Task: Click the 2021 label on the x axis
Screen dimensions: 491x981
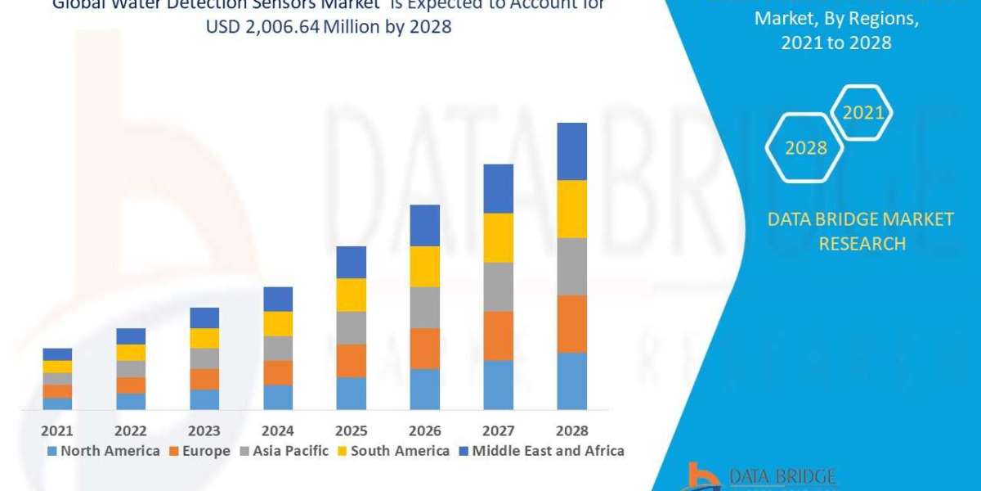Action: pyautogui.click(x=57, y=430)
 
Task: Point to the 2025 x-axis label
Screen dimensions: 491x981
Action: pyautogui.click(x=352, y=430)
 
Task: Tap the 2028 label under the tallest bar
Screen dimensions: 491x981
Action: pyautogui.click(x=572, y=430)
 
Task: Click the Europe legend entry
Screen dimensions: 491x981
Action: pyautogui.click(x=199, y=451)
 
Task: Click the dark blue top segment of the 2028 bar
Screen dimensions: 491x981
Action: pyautogui.click(x=572, y=151)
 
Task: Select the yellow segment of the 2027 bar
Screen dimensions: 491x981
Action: pyautogui.click(x=499, y=237)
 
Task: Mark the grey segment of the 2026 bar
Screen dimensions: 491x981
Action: pyautogui.click(x=425, y=307)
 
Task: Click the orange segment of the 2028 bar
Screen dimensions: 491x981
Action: pyautogui.click(x=572, y=323)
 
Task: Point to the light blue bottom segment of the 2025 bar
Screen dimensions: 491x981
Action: pyautogui.click(x=352, y=393)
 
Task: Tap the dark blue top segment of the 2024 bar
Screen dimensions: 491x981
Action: pyautogui.click(x=278, y=299)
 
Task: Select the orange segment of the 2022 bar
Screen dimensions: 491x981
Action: pyautogui.click(x=131, y=385)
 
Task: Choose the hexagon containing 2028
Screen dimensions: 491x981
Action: pyautogui.click(x=805, y=148)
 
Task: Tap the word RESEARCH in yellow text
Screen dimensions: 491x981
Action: pyautogui.click(x=862, y=244)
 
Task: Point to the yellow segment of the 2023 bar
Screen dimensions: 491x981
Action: pyautogui.click(x=204, y=338)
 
